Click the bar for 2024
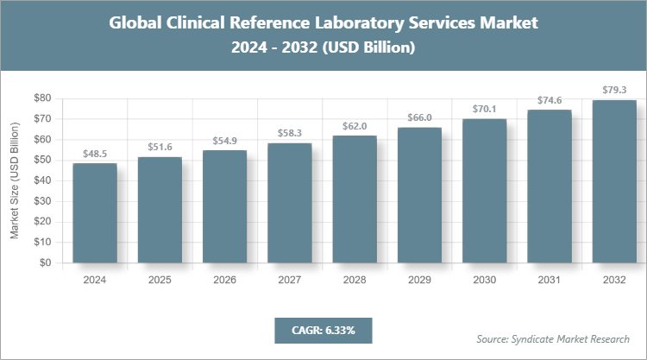95,213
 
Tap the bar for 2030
485,191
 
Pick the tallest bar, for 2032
615,181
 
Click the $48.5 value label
95,154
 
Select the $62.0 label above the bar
355,126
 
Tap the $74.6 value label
550,100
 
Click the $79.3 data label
615,90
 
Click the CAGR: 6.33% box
323,330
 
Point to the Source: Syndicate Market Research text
553,338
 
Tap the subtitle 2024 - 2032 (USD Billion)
323,48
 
